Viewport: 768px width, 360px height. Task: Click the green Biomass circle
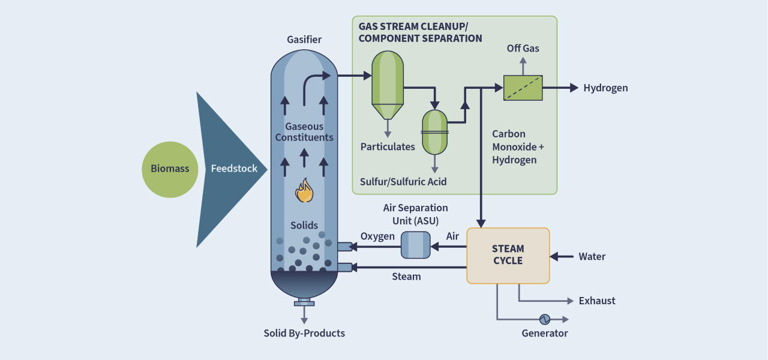click(x=170, y=169)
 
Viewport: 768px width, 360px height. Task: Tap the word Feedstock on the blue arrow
click(x=234, y=169)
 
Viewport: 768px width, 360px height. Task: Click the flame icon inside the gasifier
click(x=304, y=191)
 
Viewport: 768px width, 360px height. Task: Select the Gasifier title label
click(x=304, y=40)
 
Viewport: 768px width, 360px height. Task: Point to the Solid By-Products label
click(x=304, y=333)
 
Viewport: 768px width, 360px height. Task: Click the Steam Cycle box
click(x=508, y=255)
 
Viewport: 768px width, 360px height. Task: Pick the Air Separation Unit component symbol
click(x=415, y=245)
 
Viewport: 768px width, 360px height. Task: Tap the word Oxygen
click(x=377, y=236)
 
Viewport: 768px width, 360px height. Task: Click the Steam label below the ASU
click(x=406, y=277)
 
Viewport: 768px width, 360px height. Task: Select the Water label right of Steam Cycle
click(x=592, y=257)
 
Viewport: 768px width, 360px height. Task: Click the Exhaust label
click(x=597, y=301)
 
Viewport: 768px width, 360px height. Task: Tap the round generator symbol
click(x=545, y=319)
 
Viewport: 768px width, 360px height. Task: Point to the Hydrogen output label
click(x=605, y=88)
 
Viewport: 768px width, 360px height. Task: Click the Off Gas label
click(x=523, y=48)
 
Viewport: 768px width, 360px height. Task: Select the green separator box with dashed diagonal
click(x=523, y=88)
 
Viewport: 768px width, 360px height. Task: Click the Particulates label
click(x=388, y=146)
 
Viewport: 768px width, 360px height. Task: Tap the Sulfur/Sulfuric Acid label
click(x=403, y=181)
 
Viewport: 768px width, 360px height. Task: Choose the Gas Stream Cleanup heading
click(x=420, y=32)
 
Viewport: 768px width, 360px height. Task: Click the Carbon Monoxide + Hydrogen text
click(x=514, y=147)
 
